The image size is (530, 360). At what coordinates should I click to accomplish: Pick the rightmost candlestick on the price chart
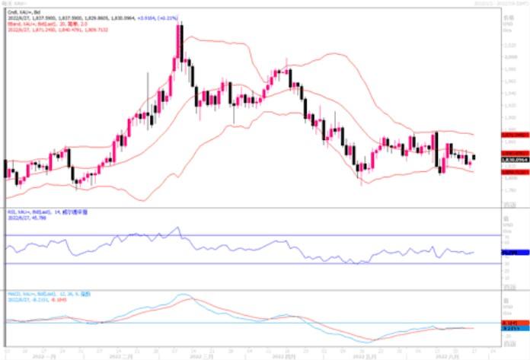[x=474, y=158]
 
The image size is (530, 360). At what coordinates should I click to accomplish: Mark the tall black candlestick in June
[x=437, y=151]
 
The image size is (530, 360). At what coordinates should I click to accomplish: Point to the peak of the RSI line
[x=177, y=227]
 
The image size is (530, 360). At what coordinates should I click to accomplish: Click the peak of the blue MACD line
[x=183, y=295]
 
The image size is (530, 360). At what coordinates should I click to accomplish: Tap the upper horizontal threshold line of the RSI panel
[x=228, y=235]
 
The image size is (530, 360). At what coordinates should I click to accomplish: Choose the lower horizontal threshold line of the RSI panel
[x=228, y=263]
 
